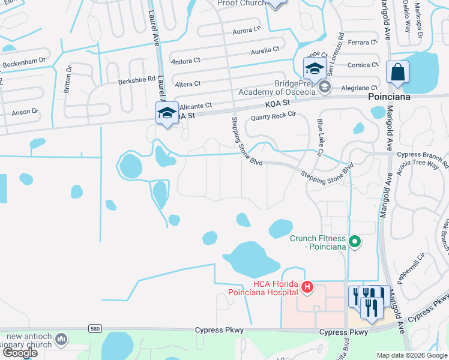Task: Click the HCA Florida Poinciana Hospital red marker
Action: coord(307,288)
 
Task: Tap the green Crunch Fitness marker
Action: coord(355,242)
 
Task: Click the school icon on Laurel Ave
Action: coord(167,113)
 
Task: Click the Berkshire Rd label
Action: coord(137,79)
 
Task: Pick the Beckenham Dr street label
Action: coord(25,62)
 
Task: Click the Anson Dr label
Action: coord(25,111)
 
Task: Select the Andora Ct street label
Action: coord(185,61)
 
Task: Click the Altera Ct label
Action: coord(187,83)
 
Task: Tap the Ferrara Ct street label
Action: coord(362,43)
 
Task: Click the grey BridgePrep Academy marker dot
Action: coord(325,88)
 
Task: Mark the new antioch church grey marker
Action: coord(61,340)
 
